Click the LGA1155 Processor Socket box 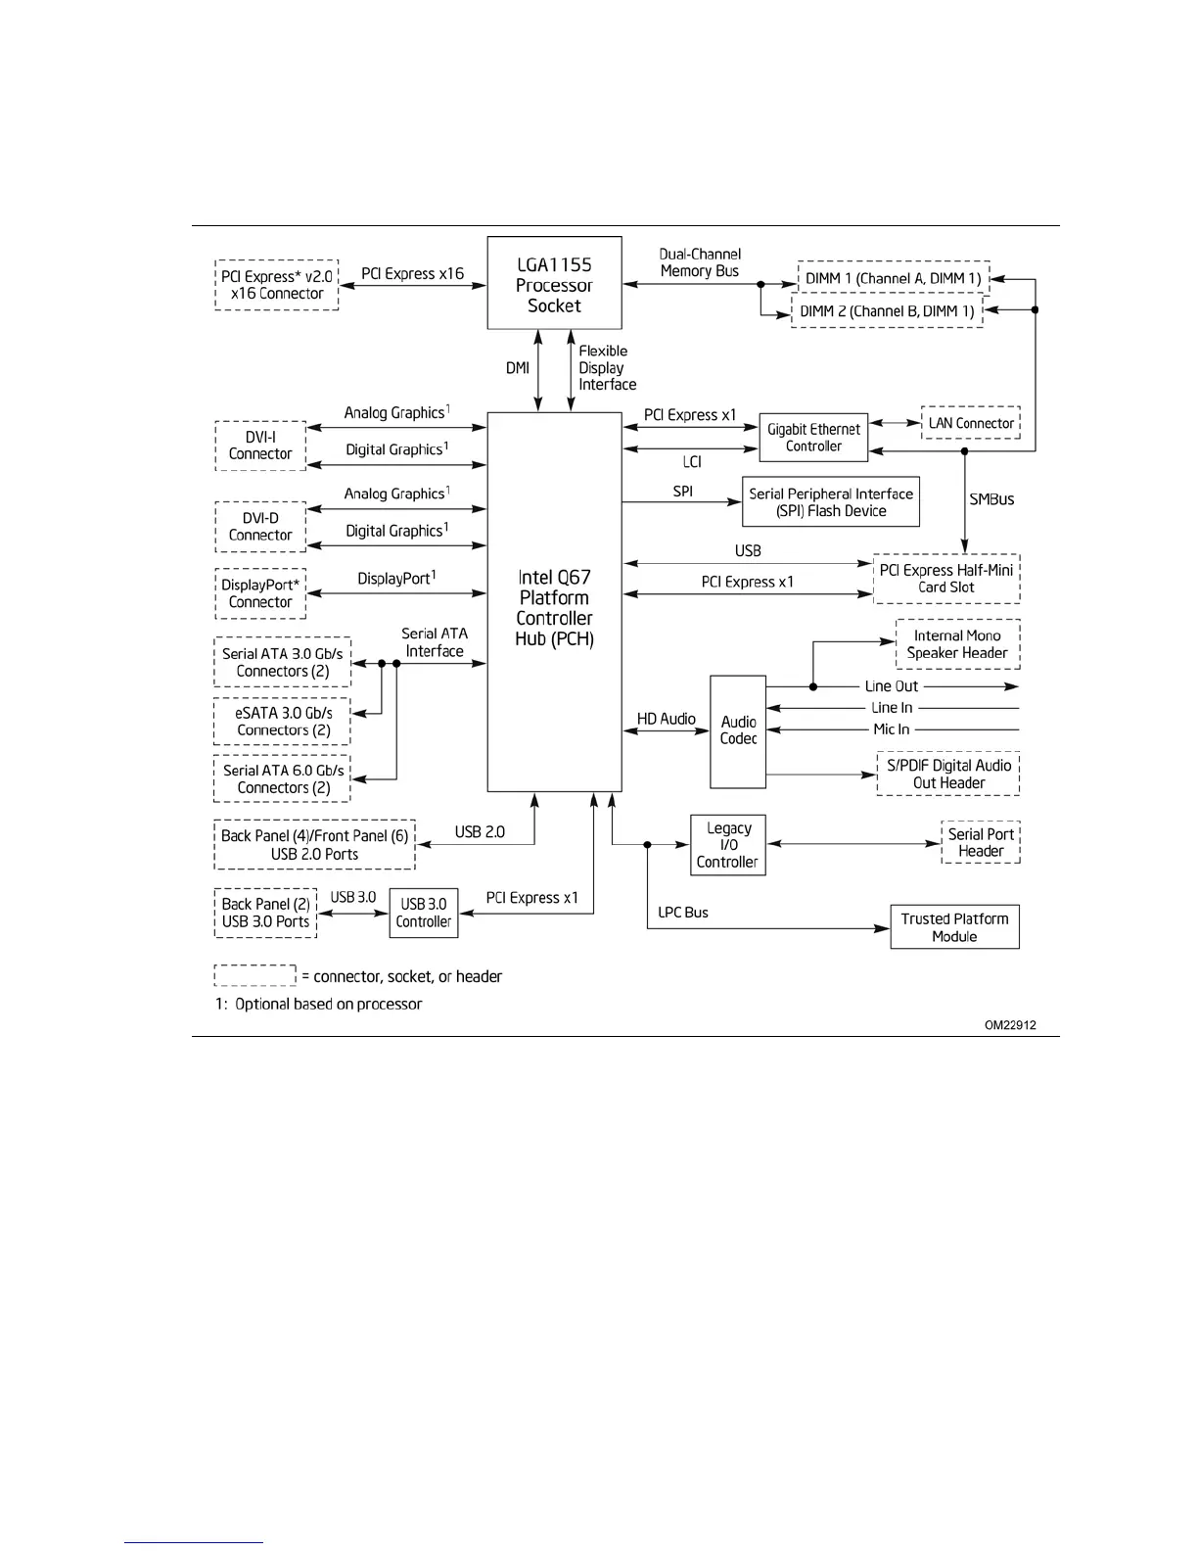point(554,284)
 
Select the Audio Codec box point(738,730)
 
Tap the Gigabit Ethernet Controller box point(813,437)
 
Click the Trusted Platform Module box point(954,927)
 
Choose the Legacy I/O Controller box point(727,845)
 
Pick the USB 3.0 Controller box point(424,913)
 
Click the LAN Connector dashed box point(970,423)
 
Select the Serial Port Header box point(980,842)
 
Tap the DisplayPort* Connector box point(260,593)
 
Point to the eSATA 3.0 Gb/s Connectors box point(283,722)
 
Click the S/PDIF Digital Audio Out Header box point(947,774)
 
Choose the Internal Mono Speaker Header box point(957,644)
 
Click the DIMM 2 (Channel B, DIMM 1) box point(887,311)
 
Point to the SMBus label point(991,499)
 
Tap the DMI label point(517,368)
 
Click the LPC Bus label point(683,913)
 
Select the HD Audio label point(666,719)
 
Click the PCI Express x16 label point(412,274)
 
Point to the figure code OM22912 point(1010,1025)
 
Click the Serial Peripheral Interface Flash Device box point(831,502)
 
